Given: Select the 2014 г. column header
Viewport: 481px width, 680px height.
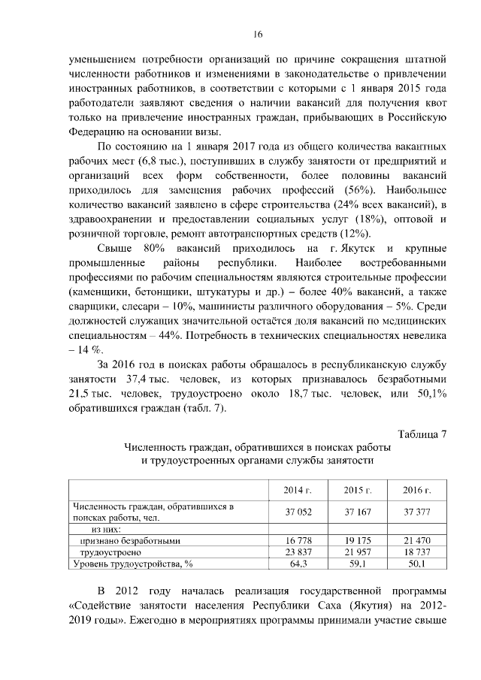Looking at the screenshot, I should click(x=298, y=490).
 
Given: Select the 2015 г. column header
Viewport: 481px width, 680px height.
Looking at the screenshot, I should click(x=358, y=490).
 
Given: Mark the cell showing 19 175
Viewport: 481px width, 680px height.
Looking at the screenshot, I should click(x=358, y=540).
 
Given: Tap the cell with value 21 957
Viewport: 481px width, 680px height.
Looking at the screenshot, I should click(x=358, y=552).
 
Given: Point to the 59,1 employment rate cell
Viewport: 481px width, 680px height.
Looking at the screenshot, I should click(x=358, y=563).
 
